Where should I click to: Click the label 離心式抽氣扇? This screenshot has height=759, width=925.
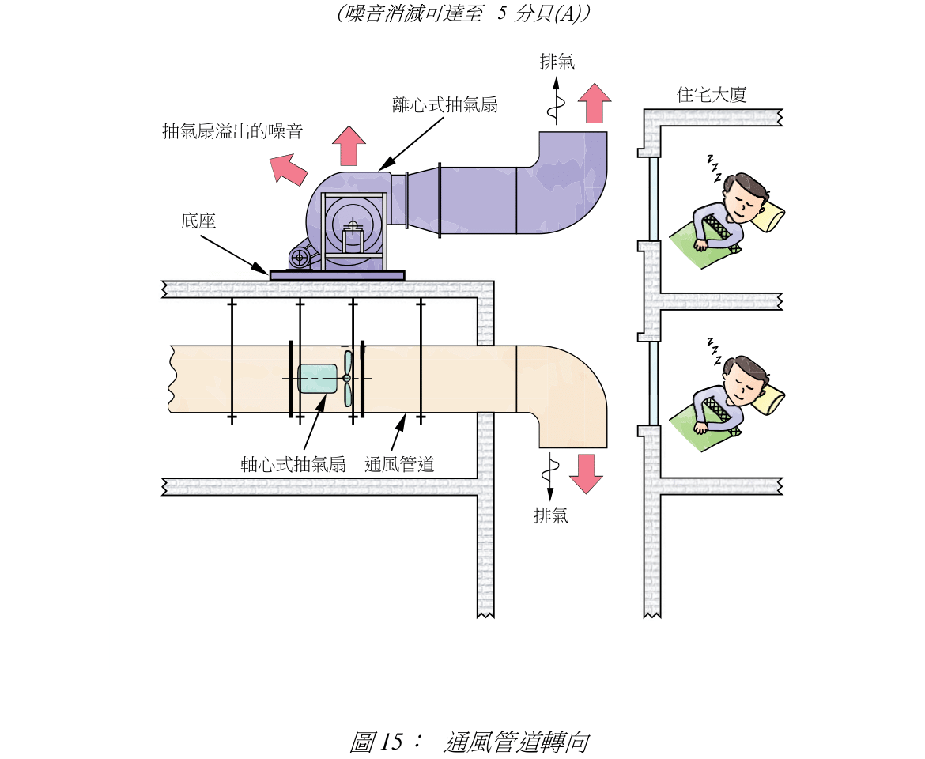coord(445,104)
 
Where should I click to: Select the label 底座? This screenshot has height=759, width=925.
coord(198,221)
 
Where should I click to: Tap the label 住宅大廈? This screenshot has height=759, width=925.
coord(712,95)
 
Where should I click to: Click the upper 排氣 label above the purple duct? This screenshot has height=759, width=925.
coord(557,62)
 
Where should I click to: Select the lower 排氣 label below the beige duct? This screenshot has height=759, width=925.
coord(551,517)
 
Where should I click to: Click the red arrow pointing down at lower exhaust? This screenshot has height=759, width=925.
coord(586,473)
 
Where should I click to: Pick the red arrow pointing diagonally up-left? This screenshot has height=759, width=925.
coord(288,168)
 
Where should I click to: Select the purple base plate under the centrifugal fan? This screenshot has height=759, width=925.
coord(337,275)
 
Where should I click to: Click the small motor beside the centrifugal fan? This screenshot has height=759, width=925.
coord(300,257)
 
